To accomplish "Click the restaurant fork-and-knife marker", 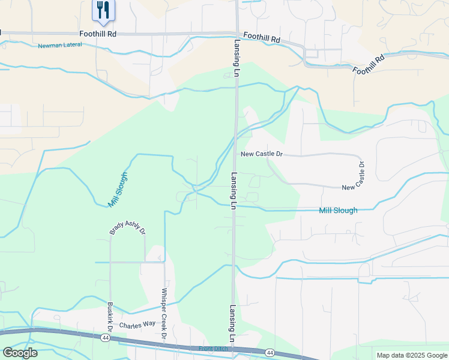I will pyautogui.click(x=103, y=10).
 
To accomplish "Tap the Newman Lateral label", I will pyautogui.click(x=59, y=46).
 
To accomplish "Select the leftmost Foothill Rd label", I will pyautogui.click(x=97, y=34).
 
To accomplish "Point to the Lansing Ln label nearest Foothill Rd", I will pyautogui.click(x=237, y=58).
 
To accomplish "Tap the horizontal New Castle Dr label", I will pyautogui.click(x=261, y=154).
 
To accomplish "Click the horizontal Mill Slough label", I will pyautogui.click(x=338, y=211).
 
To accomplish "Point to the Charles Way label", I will pyautogui.click(x=137, y=325).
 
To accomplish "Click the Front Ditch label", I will pyautogui.click(x=214, y=349).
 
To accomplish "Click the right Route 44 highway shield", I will pyautogui.click(x=270, y=352).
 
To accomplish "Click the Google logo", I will pyautogui.click(x=20, y=353).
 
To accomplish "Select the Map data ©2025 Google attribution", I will pyautogui.click(x=411, y=355).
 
